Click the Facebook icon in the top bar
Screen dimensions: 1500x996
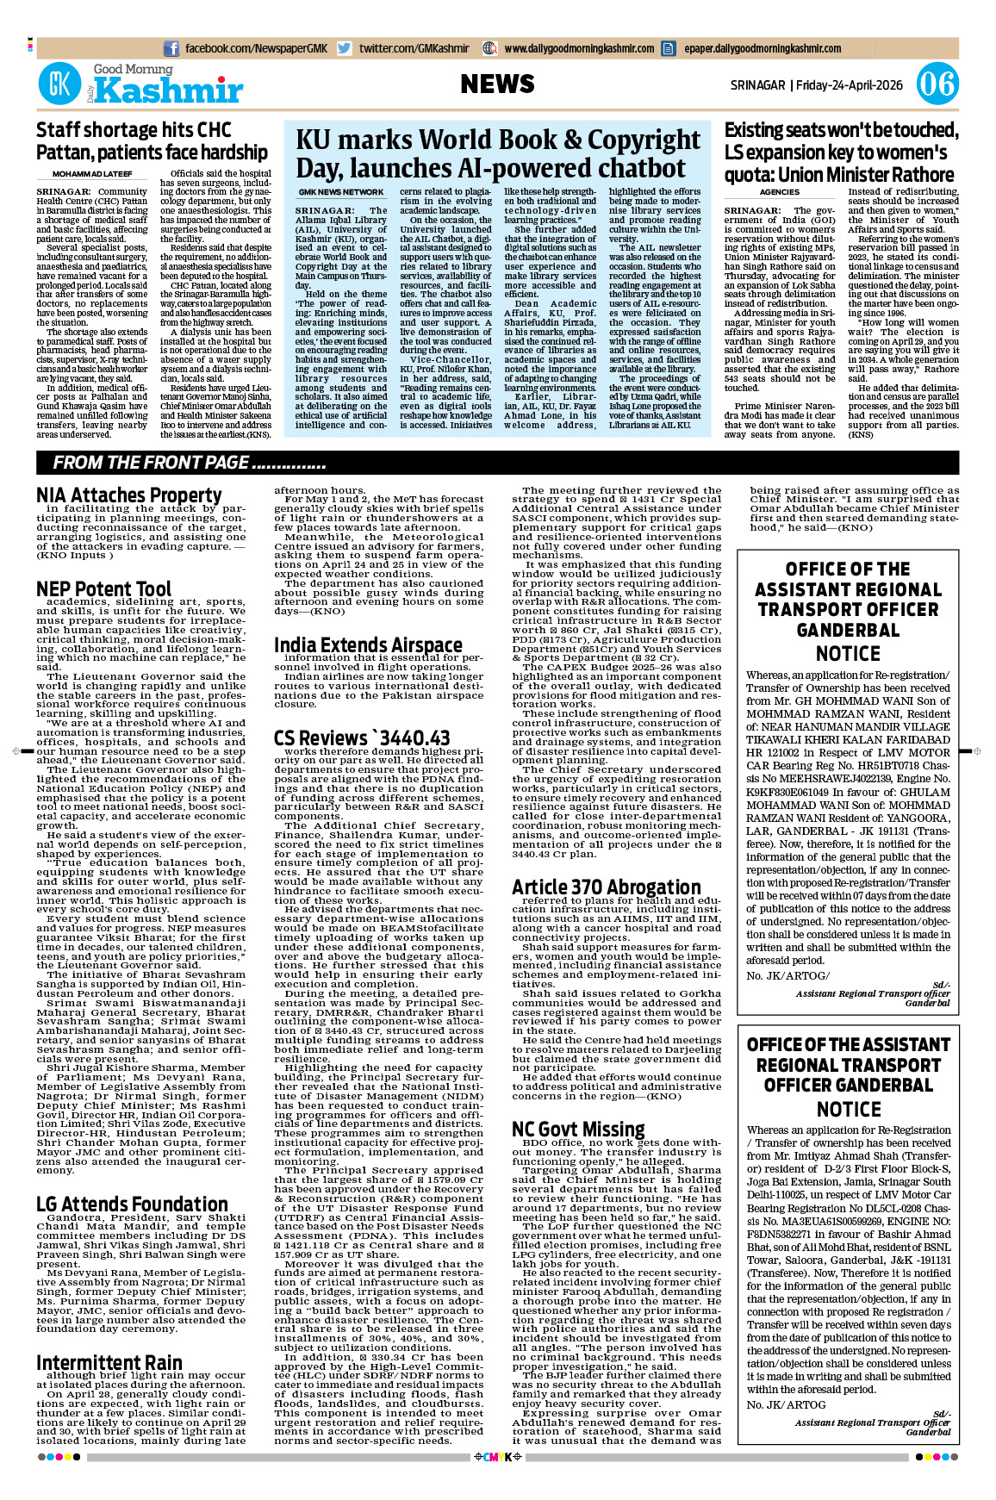click(x=171, y=49)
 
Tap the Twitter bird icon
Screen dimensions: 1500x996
click(x=345, y=49)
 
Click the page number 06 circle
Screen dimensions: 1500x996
click(x=937, y=84)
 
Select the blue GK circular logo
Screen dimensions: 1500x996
click(x=59, y=84)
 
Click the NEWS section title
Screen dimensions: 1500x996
click(x=497, y=84)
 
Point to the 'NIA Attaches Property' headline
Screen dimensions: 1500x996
click(x=129, y=495)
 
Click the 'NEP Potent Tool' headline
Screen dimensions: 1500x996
click(x=104, y=589)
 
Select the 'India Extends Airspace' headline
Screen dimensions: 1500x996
click(x=368, y=645)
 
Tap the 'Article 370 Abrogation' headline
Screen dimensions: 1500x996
click(x=607, y=887)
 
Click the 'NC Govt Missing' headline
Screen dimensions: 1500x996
click(x=578, y=1130)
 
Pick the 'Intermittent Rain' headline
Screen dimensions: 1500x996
click(x=109, y=1362)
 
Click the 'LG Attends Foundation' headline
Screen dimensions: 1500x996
click(x=132, y=1204)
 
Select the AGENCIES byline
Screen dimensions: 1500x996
click(x=780, y=192)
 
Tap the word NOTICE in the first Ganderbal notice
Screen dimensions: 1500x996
click(x=848, y=654)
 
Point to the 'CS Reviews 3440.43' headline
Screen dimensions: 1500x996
click(x=362, y=738)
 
